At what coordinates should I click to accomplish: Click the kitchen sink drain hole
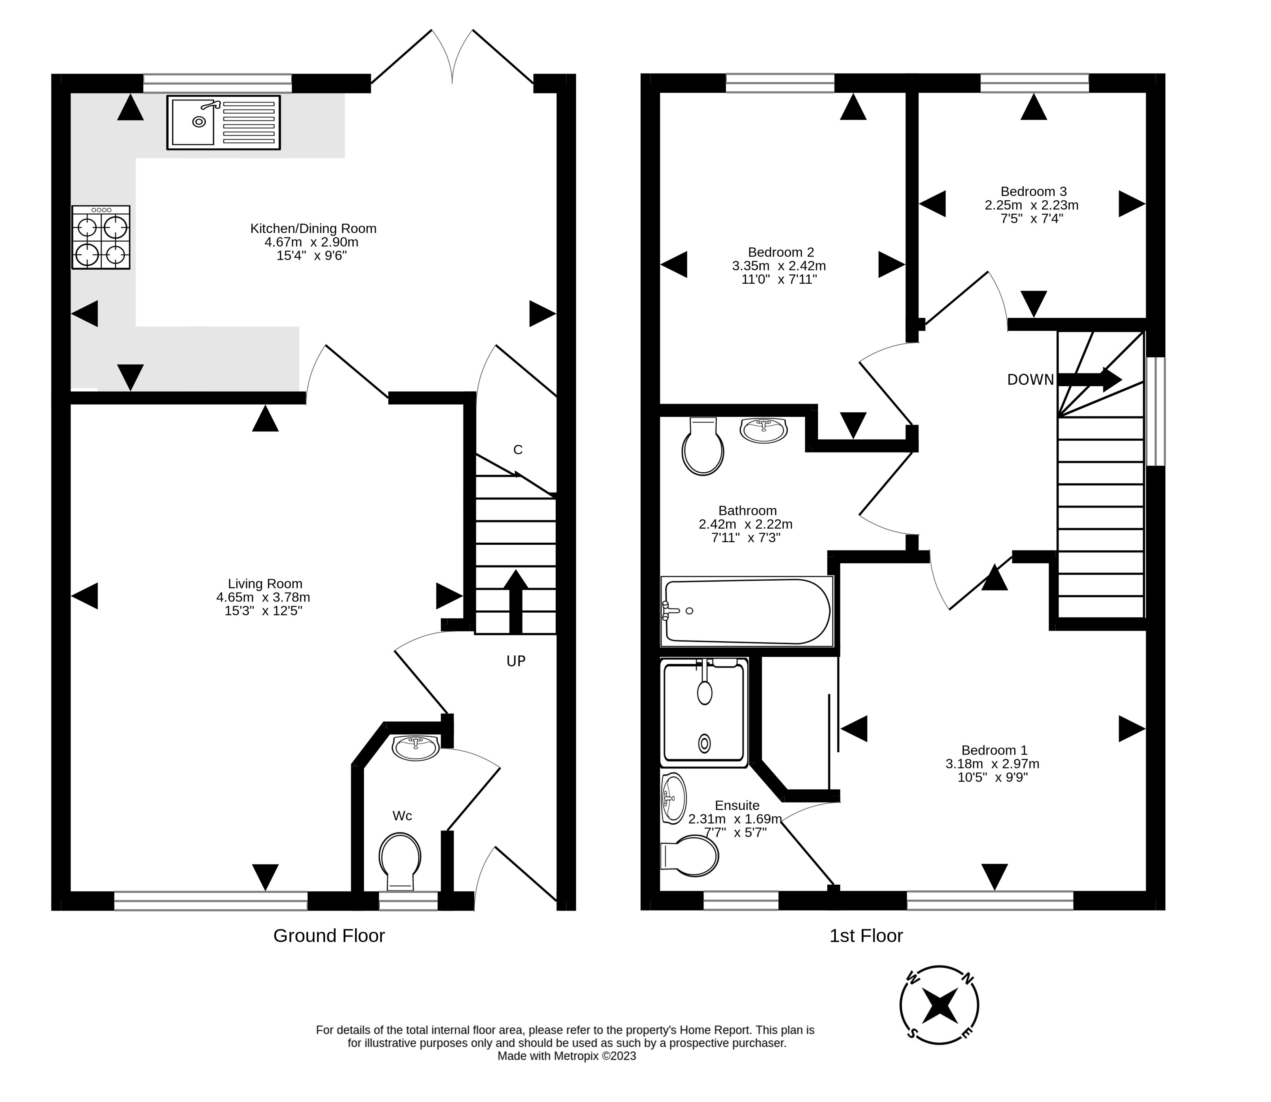[199, 122]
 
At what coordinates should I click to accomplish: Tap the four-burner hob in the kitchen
[101, 238]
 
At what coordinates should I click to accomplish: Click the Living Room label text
[265, 584]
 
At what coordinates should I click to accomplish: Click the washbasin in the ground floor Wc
[416, 747]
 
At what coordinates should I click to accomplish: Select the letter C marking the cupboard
[518, 450]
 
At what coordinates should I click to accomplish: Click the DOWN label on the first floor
[1030, 380]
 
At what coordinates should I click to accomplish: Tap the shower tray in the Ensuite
[704, 713]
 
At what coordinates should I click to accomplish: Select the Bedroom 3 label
[1033, 191]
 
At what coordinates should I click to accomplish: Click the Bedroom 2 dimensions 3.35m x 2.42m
[778, 266]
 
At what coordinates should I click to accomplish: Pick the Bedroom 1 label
[994, 750]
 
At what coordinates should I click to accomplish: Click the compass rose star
[939, 1006]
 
